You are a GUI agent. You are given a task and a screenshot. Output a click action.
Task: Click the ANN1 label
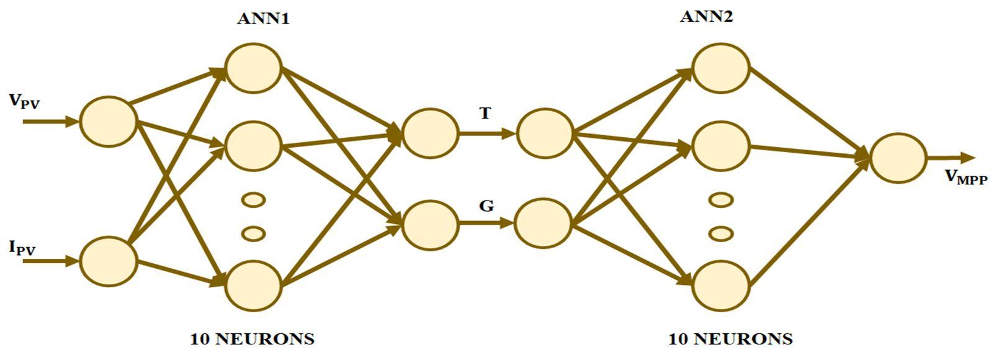tap(263, 19)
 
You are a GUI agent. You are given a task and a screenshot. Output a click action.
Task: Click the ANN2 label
tap(706, 16)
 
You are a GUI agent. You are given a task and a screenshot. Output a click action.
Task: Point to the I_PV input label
tap(22, 248)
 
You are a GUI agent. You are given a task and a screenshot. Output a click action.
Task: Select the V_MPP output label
tap(965, 178)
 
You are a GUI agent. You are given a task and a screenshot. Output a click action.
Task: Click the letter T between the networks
tap(485, 114)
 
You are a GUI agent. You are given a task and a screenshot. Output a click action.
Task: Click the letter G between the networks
tap(486, 205)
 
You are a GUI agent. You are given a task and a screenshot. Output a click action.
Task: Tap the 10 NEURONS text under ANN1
tap(252, 339)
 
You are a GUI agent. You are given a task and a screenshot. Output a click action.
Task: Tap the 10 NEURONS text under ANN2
tap(730, 339)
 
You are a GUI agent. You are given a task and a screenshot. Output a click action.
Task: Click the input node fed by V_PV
tap(108, 122)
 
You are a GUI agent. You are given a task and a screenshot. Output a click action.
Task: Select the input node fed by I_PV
tap(108, 261)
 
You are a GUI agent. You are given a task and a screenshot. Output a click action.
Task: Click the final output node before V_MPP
tap(898, 158)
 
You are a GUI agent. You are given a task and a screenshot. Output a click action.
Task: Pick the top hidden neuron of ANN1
tap(253, 68)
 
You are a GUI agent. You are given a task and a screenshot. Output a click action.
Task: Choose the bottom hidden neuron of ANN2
tap(720, 286)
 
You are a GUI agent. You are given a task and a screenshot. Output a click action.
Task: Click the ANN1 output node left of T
tap(430, 133)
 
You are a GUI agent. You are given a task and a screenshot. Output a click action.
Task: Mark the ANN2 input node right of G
tap(543, 223)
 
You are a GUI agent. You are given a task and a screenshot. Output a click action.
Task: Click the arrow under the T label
tap(486, 133)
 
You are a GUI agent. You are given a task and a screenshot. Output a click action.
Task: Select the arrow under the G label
tap(486, 223)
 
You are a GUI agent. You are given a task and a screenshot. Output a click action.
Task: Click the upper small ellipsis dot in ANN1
tap(253, 200)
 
